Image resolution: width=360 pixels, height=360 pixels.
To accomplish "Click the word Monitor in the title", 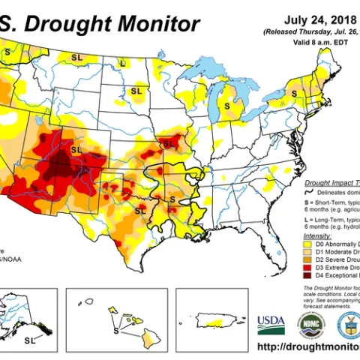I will click(x=161, y=23).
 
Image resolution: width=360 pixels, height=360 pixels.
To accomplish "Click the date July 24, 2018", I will click(x=315, y=20).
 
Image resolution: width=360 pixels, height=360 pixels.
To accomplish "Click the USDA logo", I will click(x=271, y=323).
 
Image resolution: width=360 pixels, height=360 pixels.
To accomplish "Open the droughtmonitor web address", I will click(x=307, y=346).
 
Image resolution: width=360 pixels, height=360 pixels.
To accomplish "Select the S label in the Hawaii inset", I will click(x=115, y=328).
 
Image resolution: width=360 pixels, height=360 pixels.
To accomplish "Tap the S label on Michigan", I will click(x=227, y=107).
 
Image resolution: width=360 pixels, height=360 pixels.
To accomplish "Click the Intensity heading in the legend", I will click(x=319, y=235).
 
